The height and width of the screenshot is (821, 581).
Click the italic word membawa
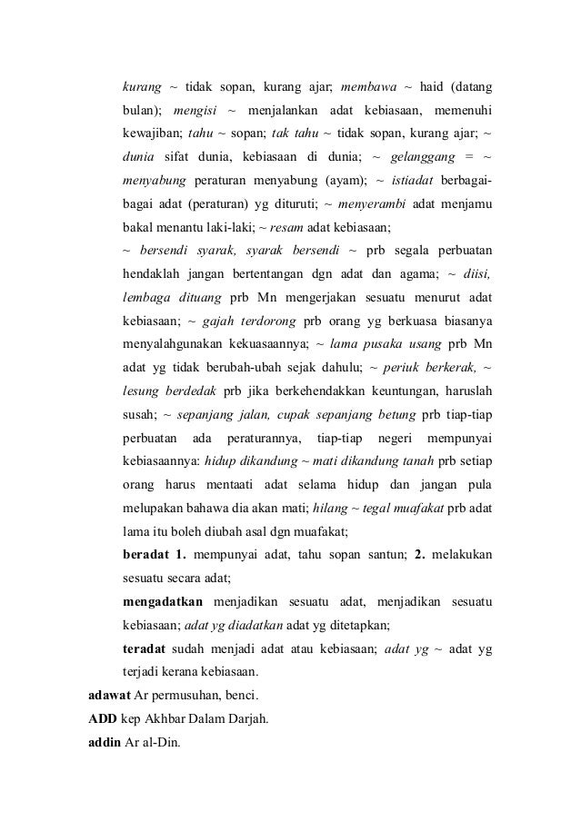tap(369, 87)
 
